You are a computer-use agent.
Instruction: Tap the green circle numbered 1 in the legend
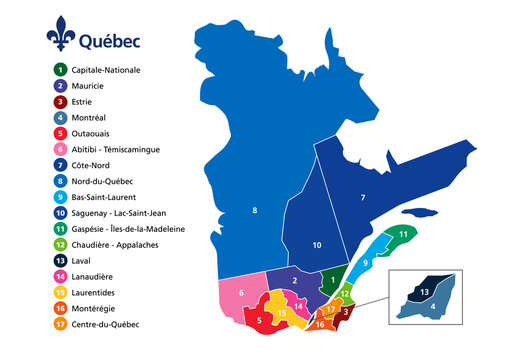pos(61,70)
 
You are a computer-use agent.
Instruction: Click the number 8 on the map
pos(254,210)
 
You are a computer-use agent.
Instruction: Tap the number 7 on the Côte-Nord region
pos(363,198)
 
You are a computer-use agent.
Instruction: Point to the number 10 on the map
pos(316,245)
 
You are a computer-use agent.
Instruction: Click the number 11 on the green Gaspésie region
pos(401,234)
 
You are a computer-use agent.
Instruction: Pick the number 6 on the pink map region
pos(241,293)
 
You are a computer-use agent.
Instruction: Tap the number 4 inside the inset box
pos(431,306)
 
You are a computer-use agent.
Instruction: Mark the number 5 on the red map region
pos(259,321)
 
